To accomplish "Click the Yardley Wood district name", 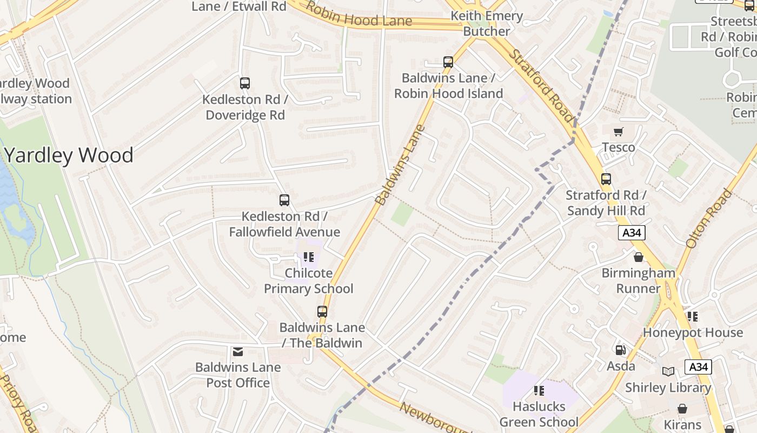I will pos(69,155).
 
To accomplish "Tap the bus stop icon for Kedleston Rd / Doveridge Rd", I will pos(245,83).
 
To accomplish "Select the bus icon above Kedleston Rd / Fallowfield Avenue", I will pos(284,200).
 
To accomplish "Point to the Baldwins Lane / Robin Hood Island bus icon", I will pos(448,62).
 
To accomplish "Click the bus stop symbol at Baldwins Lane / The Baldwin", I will pos(322,312).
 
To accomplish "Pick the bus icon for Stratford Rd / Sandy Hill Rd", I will pos(606,179).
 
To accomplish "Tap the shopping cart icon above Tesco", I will pos(619,132).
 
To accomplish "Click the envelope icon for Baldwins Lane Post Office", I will pos(238,352).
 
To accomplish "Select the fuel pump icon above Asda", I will pos(620,350).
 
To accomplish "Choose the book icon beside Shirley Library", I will pos(668,371).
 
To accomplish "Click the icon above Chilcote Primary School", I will pos(309,257).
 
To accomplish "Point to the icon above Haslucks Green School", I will pos(539,390).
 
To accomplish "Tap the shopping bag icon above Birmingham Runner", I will pos(639,257).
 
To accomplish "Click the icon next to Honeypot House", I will pos(693,317).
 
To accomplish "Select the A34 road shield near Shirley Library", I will pos(698,367).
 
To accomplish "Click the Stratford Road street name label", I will pos(541,87).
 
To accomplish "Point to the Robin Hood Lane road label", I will pos(358,16).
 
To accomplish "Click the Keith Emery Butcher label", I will pos(487,24).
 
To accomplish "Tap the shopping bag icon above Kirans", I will pos(682,409).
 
